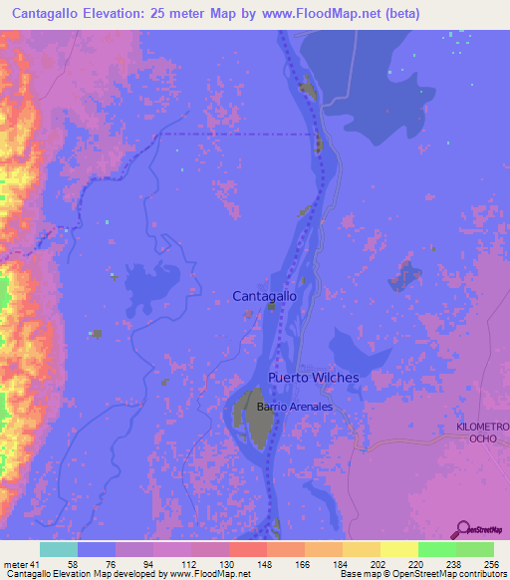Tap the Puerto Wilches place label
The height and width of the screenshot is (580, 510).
tap(313, 378)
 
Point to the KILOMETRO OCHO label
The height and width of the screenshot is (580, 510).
tap(482, 433)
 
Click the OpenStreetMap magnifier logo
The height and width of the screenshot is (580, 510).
tap(462, 529)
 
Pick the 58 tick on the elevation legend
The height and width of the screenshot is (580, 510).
tap(73, 563)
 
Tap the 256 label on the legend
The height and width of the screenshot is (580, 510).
tap(491, 563)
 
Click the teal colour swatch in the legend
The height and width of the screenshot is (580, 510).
tap(59, 549)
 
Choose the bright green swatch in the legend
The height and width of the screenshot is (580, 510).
tap(437, 549)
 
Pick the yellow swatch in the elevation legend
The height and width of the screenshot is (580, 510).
tap(399, 549)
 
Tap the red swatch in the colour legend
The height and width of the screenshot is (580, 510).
tap(248, 549)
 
